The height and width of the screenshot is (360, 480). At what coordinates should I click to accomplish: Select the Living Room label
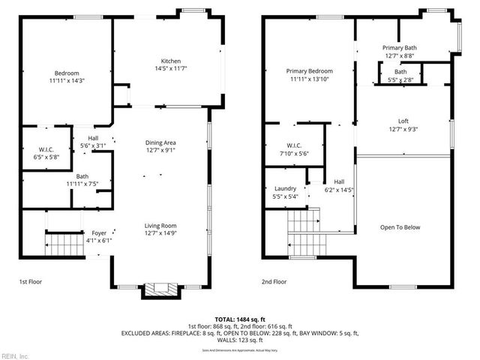pyautogui.click(x=160, y=229)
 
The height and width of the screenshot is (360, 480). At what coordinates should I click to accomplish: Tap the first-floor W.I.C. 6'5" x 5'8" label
pyautogui.click(x=46, y=153)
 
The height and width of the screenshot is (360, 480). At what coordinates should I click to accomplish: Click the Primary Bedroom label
pyautogui.click(x=309, y=75)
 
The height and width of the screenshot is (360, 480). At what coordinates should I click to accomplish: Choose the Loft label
pyautogui.click(x=403, y=124)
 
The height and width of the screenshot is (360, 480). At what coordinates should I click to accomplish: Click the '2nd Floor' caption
pyautogui.click(x=274, y=282)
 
